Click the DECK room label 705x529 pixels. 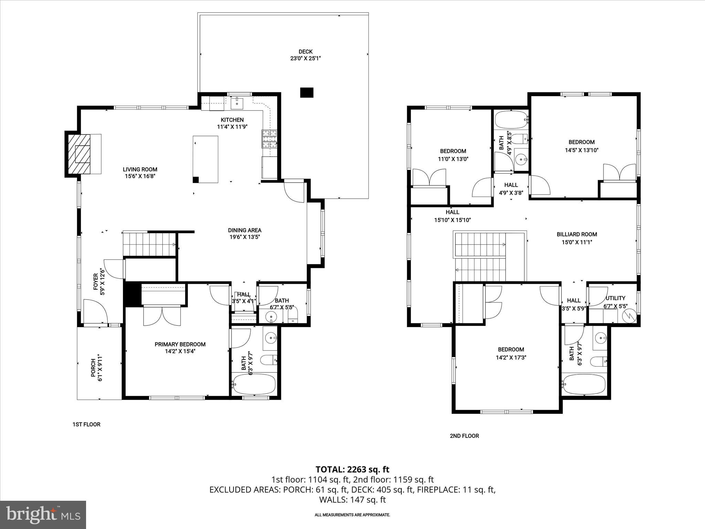pos(305,52)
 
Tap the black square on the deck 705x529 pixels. pos(307,93)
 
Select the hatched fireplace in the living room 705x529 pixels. pos(79,154)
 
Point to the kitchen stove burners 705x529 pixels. pos(270,139)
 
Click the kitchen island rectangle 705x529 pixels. pos(206,159)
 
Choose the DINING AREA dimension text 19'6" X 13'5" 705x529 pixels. pos(244,237)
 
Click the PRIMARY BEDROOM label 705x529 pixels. pos(180,344)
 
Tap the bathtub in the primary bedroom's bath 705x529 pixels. pos(254,384)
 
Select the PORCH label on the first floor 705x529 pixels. pos(93,368)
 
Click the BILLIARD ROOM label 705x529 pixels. pos(577,234)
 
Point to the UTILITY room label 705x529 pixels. pos(615,298)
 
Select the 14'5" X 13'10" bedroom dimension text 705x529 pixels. pos(581,150)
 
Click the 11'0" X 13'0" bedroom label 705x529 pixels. pos(453,151)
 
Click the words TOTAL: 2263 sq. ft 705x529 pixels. pos(352,469)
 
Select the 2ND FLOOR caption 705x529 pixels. pos(464,436)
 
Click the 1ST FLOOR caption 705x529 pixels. pos(86,424)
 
